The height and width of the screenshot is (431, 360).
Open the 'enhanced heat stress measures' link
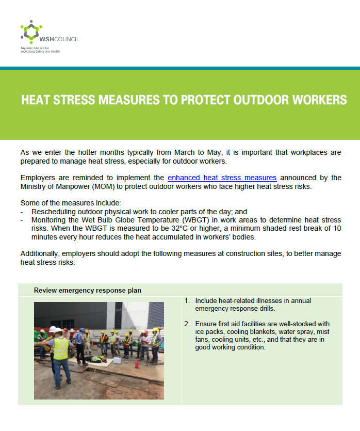pyautogui.click(x=222, y=178)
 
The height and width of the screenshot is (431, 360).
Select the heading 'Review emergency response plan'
pyautogui.click(x=88, y=290)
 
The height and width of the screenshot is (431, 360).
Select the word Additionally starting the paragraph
pyautogui.click(x=40, y=254)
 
